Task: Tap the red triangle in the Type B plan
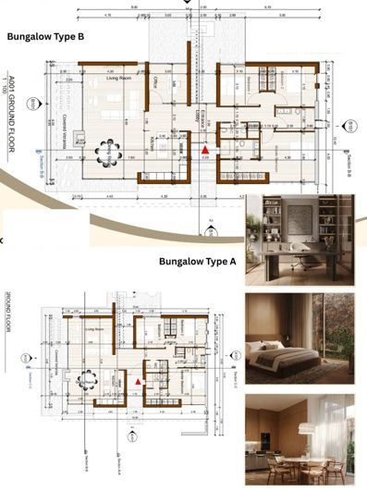click(206, 149)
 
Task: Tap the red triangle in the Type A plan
click(140, 380)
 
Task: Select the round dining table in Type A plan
click(90, 379)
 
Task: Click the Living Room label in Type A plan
click(93, 327)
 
